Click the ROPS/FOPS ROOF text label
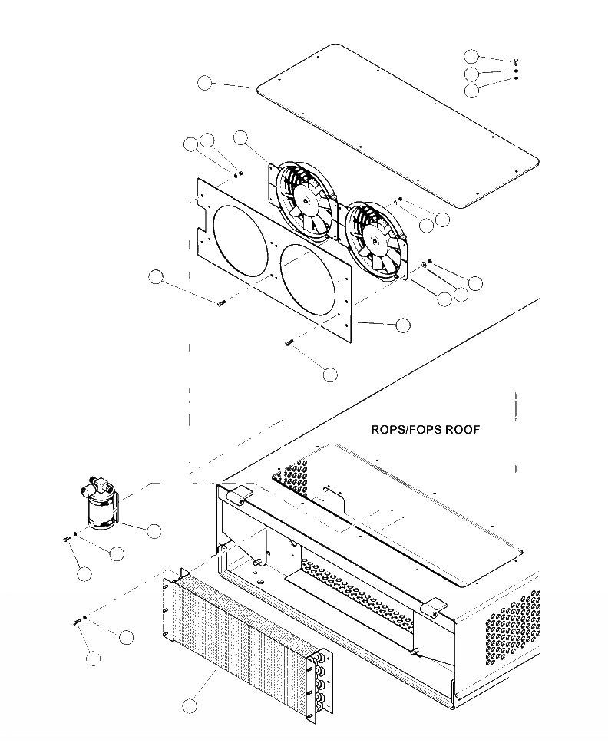[425, 430]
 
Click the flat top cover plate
[395, 127]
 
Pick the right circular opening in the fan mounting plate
[309, 279]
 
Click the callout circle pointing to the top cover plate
[205, 82]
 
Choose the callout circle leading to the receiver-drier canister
[154, 530]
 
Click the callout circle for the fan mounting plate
[402, 325]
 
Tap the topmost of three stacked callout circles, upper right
[472, 56]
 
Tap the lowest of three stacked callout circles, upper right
[472, 90]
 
